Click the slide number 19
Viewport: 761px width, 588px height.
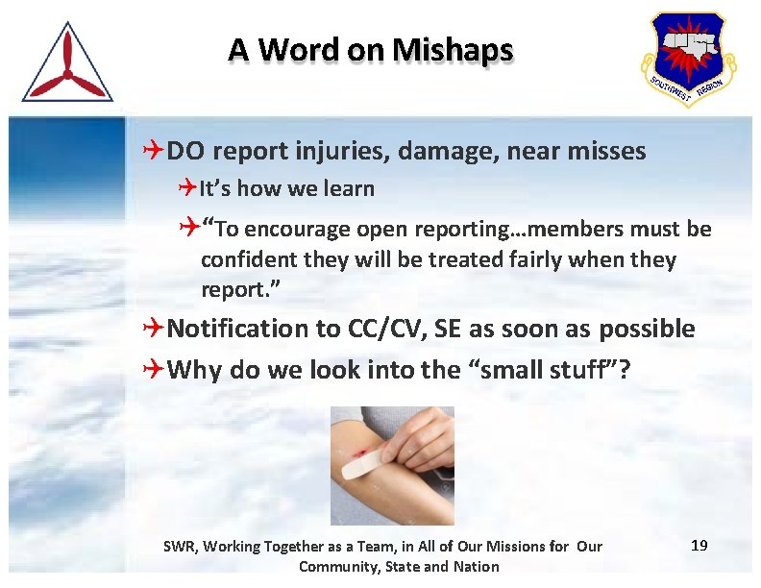[700, 546]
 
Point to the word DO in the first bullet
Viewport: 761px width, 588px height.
[187, 151]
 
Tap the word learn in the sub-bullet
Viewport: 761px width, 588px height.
[347, 189]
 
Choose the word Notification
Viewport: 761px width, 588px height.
[237, 329]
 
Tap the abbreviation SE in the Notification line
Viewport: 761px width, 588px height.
[447, 329]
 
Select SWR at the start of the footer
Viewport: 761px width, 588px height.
[179, 547]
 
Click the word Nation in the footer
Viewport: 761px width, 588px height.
[477, 566]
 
